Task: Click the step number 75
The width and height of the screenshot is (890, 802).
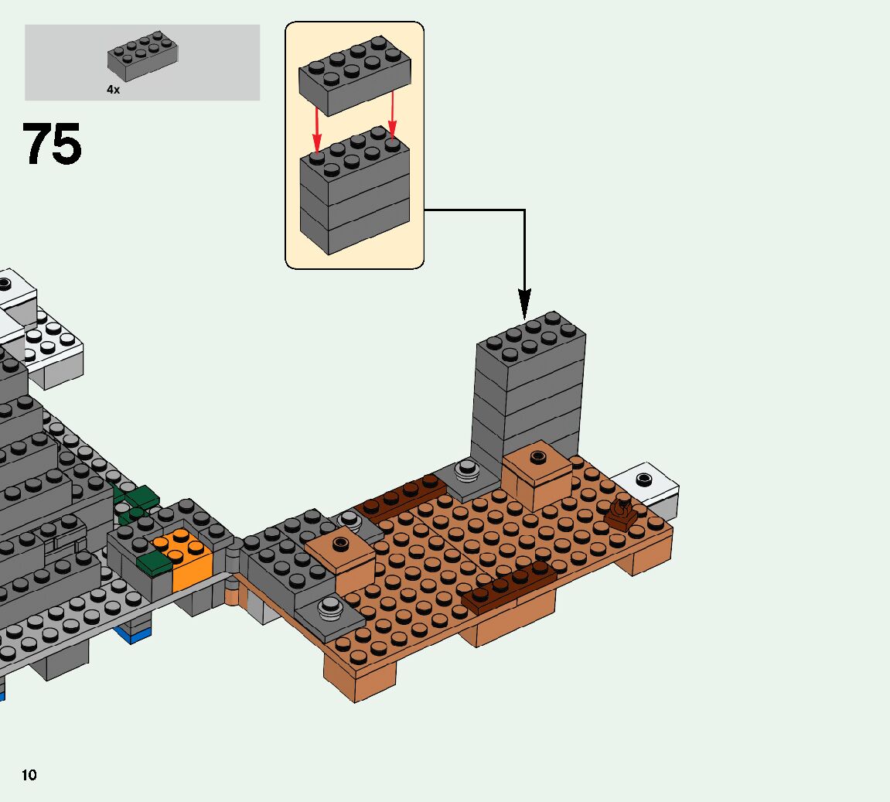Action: pos(52,145)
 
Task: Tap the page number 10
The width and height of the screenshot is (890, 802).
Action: pos(29,775)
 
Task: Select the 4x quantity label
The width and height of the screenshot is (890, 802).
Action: pos(113,90)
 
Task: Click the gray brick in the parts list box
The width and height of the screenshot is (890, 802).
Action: pos(143,56)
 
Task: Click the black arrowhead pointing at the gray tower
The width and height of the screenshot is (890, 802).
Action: pos(525,303)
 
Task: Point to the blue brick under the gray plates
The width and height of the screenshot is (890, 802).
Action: pos(133,635)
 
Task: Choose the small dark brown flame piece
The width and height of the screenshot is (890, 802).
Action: pos(621,512)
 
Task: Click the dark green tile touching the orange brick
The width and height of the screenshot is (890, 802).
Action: pos(153,562)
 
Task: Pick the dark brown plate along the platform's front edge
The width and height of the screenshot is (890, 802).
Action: pos(508,587)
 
